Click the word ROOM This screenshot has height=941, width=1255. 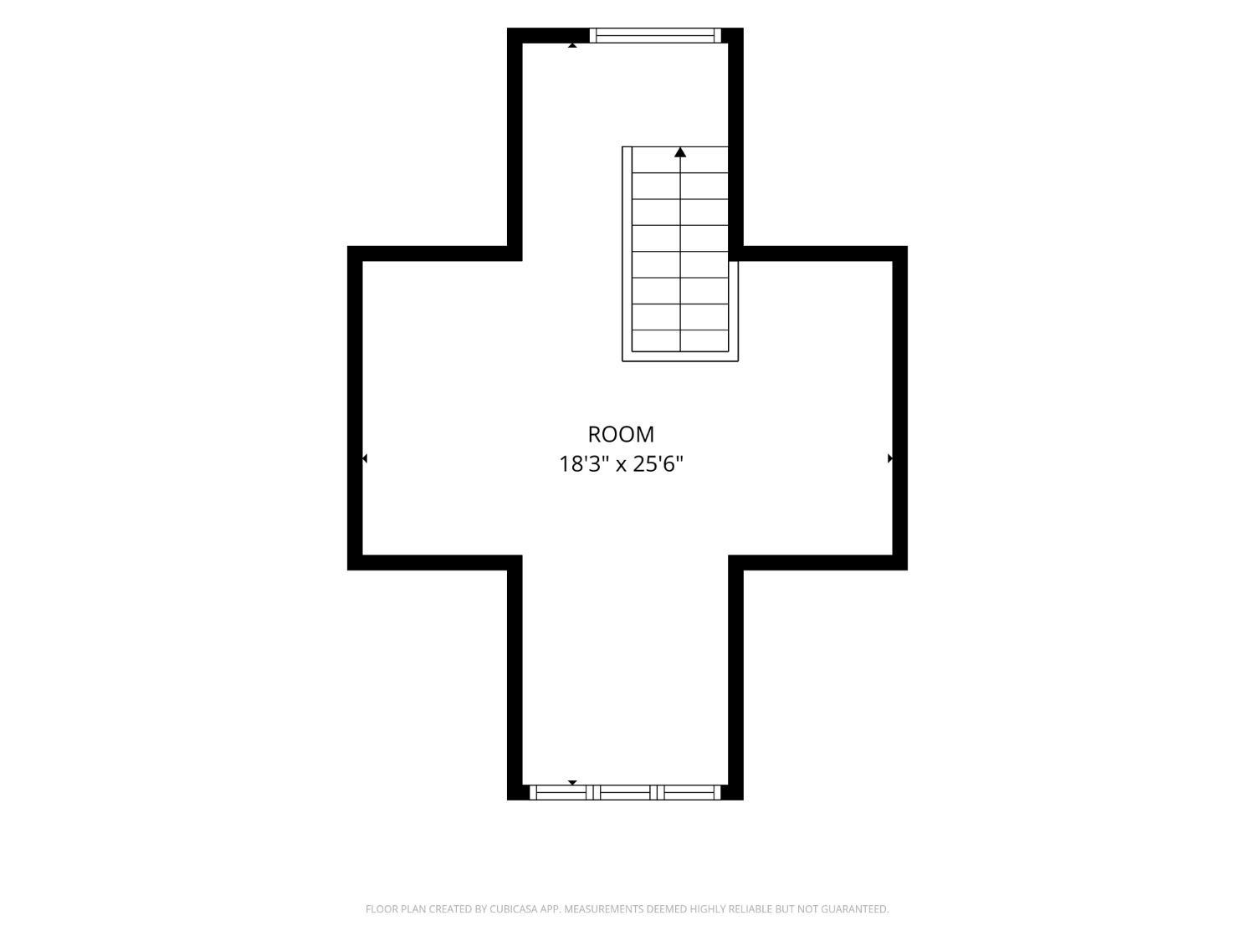click(x=620, y=434)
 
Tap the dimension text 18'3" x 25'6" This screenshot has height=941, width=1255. click(x=620, y=464)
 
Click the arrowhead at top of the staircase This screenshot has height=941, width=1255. click(x=680, y=152)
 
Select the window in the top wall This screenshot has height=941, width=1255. click(x=655, y=35)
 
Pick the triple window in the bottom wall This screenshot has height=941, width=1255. click(x=625, y=792)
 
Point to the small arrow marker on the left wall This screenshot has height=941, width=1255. click(x=365, y=458)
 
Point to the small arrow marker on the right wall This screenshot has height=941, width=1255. click(x=890, y=458)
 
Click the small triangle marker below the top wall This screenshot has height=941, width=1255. click(x=572, y=45)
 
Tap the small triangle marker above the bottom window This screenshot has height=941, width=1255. click(x=572, y=782)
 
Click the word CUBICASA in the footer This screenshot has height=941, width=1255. click(x=512, y=908)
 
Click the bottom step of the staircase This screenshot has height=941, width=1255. click(x=680, y=340)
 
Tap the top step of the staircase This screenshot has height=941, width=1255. click(x=680, y=160)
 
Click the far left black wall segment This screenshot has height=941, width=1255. click(x=355, y=408)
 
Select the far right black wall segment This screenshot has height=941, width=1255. click(x=900, y=408)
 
